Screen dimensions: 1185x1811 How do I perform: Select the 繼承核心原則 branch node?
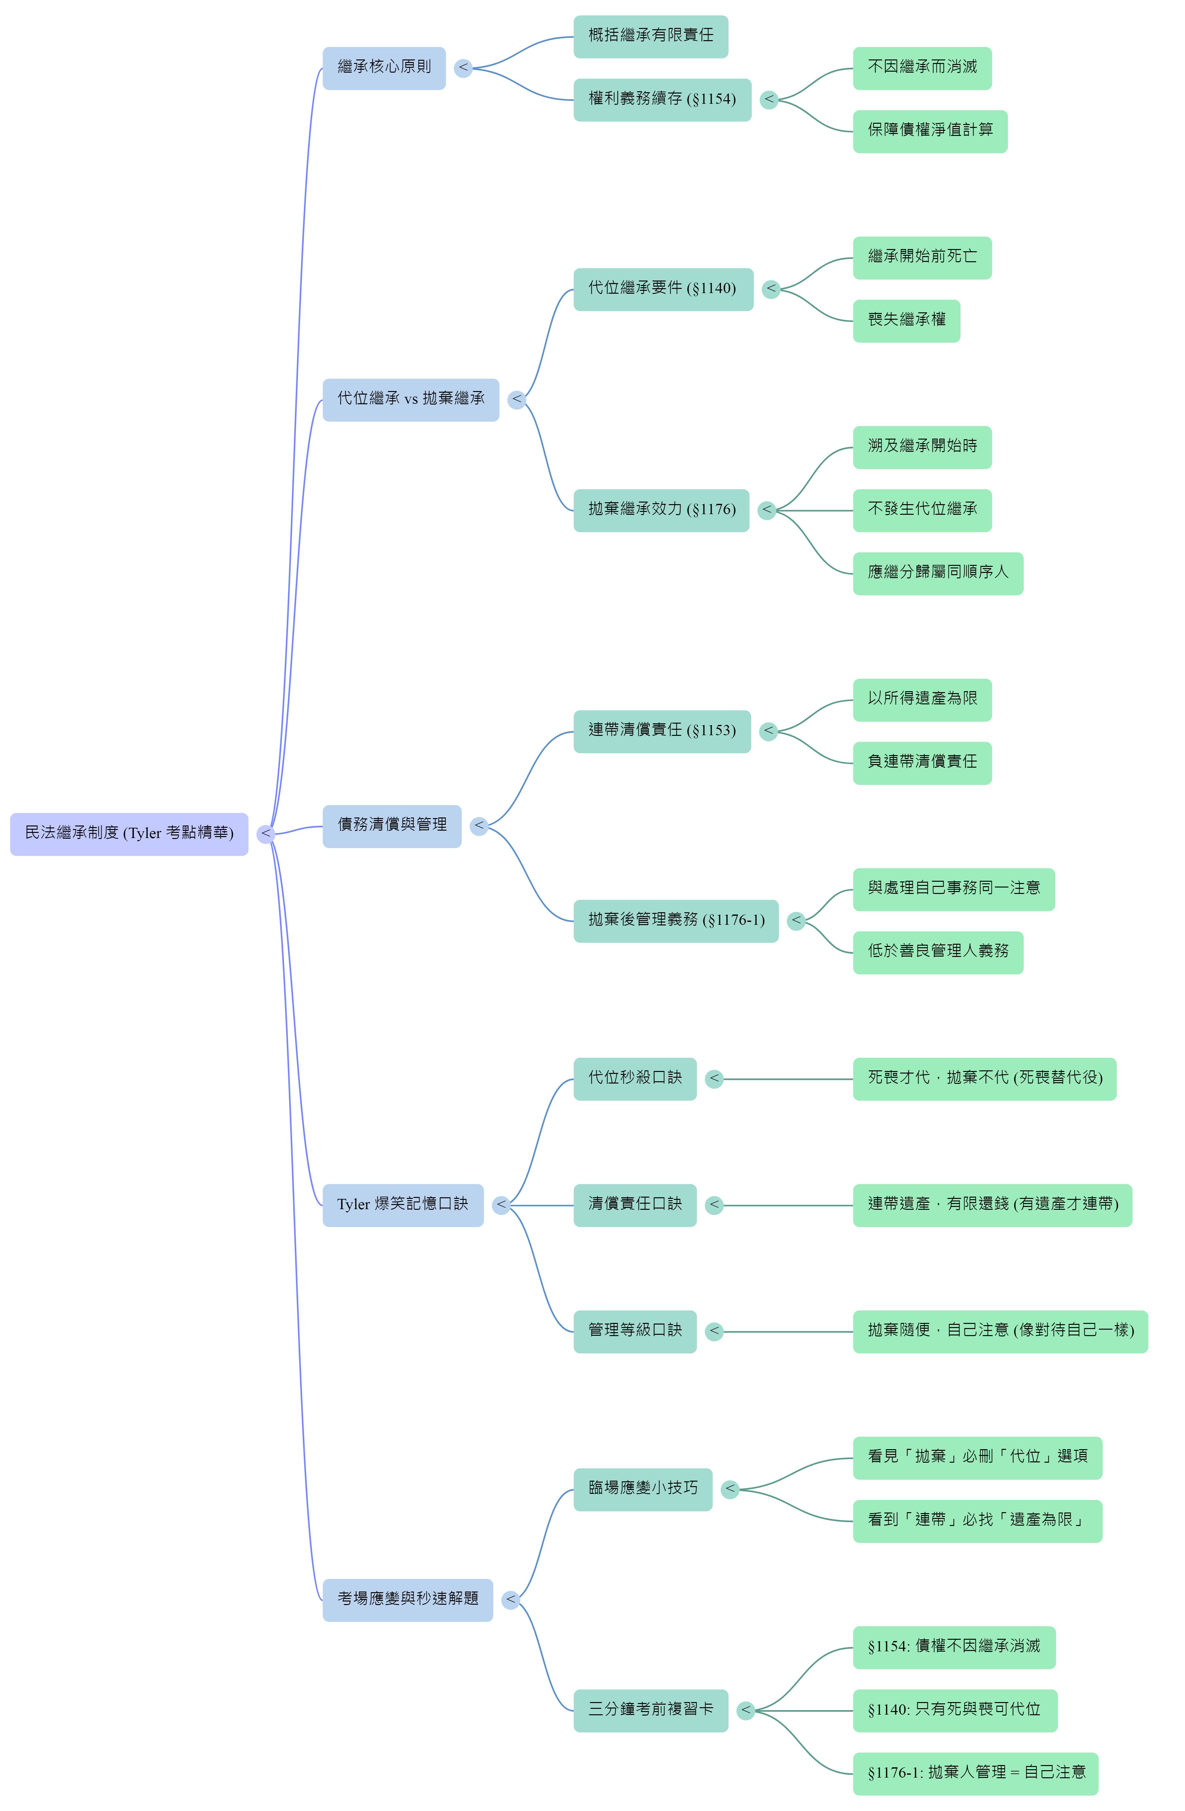point(384,68)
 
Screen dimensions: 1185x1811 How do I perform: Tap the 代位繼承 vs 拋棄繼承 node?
point(411,399)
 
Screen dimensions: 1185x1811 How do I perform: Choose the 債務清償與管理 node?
point(392,825)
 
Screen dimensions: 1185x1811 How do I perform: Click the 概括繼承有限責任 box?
point(651,37)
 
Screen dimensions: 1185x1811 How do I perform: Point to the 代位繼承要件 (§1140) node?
point(664,289)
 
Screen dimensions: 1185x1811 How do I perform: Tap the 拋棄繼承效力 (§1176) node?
point(661,510)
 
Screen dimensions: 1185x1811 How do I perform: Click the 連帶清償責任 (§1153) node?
point(662,731)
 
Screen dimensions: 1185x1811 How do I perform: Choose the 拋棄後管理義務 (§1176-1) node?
point(676,921)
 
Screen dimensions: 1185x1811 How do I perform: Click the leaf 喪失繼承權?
point(906,320)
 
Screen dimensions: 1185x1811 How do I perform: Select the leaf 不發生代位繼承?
point(922,510)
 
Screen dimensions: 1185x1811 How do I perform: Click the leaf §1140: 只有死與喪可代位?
point(955,1710)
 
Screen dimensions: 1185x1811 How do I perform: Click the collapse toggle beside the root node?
point(265,834)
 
